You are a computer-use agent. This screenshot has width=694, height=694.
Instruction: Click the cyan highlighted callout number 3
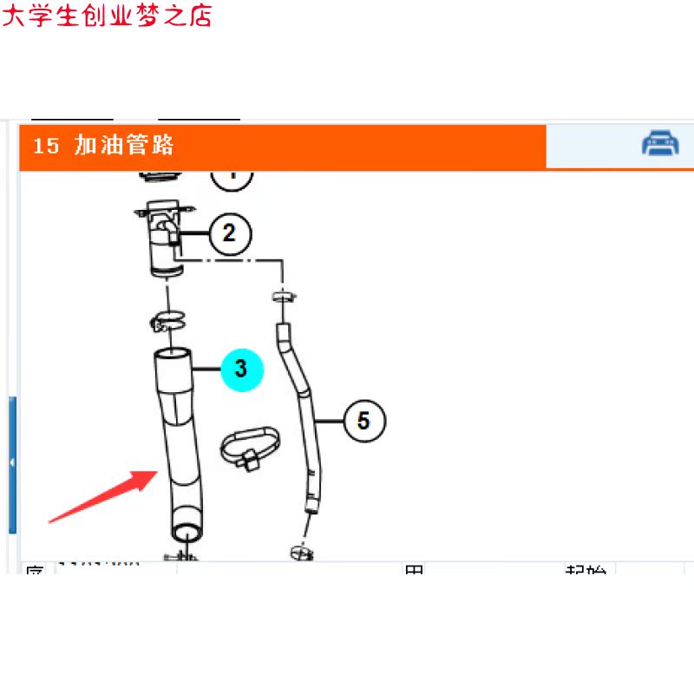click(241, 369)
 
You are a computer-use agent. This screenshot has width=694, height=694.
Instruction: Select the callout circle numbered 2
click(229, 232)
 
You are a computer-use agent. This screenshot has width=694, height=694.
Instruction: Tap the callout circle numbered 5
click(363, 421)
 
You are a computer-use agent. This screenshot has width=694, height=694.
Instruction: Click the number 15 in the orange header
click(46, 146)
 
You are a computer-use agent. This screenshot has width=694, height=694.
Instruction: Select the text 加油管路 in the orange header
click(124, 145)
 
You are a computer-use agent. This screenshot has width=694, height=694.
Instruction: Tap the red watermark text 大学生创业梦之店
click(107, 15)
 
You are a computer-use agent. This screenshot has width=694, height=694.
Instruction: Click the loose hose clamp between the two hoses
click(250, 446)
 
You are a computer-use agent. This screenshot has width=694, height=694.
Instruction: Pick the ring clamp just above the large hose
click(170, 320)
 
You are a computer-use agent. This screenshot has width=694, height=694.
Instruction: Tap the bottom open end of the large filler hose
click(186, 531)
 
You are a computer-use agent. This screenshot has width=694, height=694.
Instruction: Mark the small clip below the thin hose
click(300, 550)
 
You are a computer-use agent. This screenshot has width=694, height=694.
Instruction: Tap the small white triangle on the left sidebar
click(11, 463)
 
